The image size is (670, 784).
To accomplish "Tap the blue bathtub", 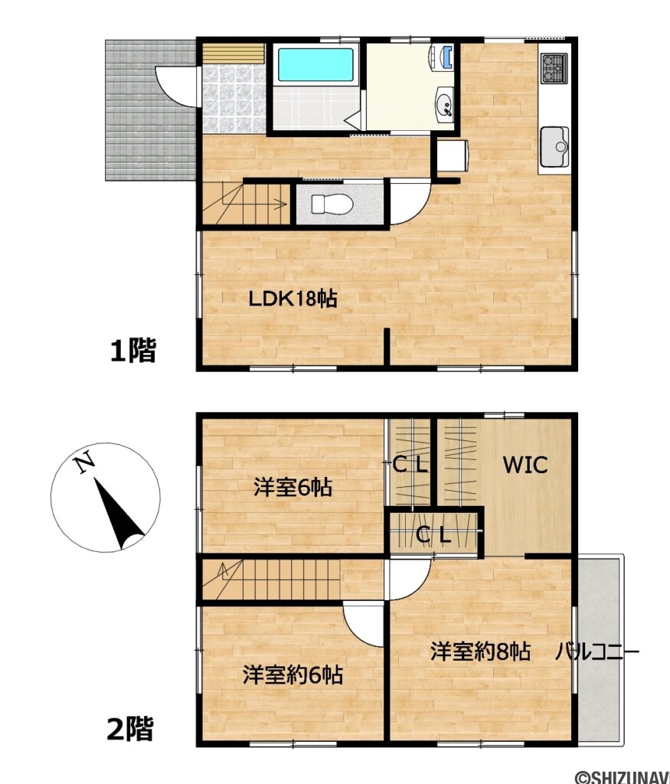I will (315, 65).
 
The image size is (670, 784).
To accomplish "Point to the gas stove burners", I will (553, 68).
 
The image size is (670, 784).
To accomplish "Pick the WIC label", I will (525, 464).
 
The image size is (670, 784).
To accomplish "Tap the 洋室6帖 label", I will (293, 487).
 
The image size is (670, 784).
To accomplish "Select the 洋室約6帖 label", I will (293, 675).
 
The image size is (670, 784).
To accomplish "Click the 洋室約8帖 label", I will (480, 652).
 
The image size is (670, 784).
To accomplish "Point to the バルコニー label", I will (597, 652).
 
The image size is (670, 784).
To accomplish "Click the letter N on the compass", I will (84, 462).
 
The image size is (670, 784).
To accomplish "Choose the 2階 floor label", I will (129, 728).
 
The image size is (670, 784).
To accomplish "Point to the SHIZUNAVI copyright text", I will (622, 776).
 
